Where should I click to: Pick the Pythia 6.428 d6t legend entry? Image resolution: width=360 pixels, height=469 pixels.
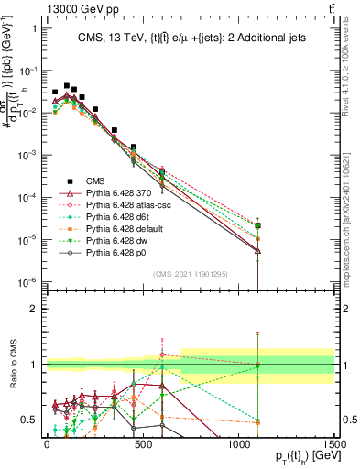pyautogui.click(x=105, y=218)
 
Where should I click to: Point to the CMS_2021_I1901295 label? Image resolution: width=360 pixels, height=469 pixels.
pyautogui.click(x=190, y=275)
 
